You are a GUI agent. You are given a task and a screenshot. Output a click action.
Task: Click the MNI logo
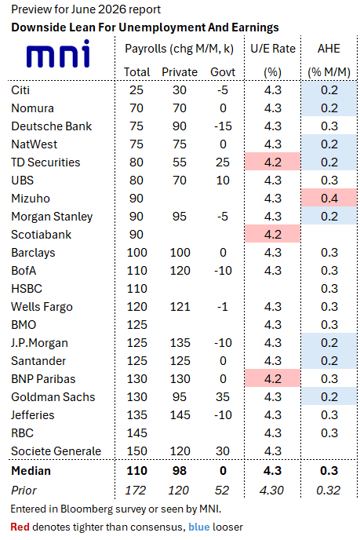pyautogui.click(x=58, y=53)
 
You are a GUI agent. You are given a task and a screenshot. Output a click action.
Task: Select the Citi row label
pyautogui.click(x=20, y=90)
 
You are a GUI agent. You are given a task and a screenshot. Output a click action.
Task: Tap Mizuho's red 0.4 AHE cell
pyautogui.click(x=329, y=199)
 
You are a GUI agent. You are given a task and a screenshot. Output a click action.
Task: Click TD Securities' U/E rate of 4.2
pyautogui.click(x=273, y=162)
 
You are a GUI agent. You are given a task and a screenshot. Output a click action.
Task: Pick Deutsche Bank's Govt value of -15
pyautogui.click(x=223, y=126)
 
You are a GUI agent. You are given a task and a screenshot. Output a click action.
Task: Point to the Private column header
pyautogui.click(x=180, y=72)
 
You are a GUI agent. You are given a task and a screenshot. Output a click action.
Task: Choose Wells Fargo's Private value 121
pyautogui.click(x=180, y=307)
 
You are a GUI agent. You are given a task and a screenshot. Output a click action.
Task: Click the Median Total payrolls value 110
pyautogui.click(x=136, y=471)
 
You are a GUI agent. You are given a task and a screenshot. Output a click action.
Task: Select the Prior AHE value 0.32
pyautogui.click(x=329, y=490)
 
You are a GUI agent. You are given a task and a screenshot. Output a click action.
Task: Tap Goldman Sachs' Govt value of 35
pyautogui.click(x=223, y=396)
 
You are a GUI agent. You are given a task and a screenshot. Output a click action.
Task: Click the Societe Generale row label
pyautogui.click(x=56, y=451)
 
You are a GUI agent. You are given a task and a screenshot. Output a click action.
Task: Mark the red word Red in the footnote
pyautogui.click(x=20, y=527)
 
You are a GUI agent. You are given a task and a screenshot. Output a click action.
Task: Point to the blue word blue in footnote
pyautogui.click(x=199, y=527)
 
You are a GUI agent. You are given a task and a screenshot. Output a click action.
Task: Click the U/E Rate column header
pyautogui.click(x=273, y=49)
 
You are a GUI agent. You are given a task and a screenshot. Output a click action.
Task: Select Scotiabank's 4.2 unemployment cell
pyautogui.click(x=273, y=235)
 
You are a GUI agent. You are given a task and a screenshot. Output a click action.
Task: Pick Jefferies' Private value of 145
pyautogui.click(x=180, y=415)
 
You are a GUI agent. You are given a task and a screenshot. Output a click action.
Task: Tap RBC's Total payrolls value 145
pyautogui.click(x=136, y=433)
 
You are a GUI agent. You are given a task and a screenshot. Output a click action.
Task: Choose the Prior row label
pyautogui.click(x=24, y=490)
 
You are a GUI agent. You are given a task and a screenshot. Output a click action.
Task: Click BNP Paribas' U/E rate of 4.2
pyautogui.click(x=273, y=379)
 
